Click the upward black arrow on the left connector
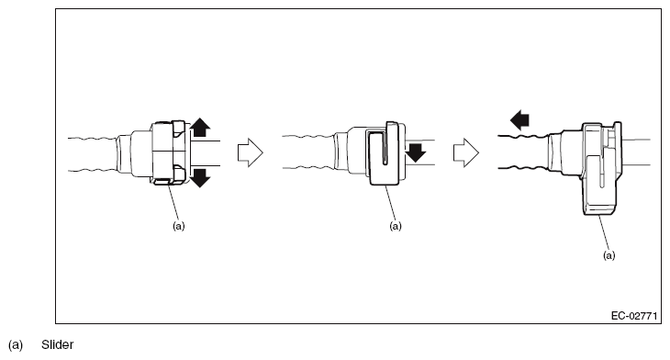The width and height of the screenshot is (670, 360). pyautogui.click(x=200, y=128)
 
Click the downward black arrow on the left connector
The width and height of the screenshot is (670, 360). pyautogui.click(x=200, y=178)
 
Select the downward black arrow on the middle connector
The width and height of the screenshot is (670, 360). pyautogui.click(x=416, y=152)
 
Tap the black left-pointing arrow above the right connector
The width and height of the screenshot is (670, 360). pyautogui.click(x=519, y=119)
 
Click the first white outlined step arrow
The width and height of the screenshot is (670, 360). pyautogui.click(x=251, y=152)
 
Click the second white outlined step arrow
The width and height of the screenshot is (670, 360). pyautogui.click(x=466, y=152)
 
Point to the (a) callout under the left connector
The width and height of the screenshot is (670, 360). pyautogui.click(x=179, y=226)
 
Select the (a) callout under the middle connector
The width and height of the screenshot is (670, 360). pyautogui.click(x=396, y=226)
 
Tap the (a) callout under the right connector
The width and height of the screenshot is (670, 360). pyautogui.click(x=609, y=255)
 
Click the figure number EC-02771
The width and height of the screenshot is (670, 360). pyautogui.click(x=634, y=316)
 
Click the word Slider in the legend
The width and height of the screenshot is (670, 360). pyautogui.click(x=57, y=344)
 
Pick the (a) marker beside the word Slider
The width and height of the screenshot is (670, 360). pyautogui.click(x=16, y=344)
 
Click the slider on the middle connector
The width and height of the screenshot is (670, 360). pyautogui.click(x=385, y=155)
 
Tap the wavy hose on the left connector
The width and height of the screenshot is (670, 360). pyautogui.click(x=93, y=154)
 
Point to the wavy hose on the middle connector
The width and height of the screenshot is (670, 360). pyautogui.click(x=308, y=152)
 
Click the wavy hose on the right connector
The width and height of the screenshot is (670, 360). pyautogui.click(x=523, y=152)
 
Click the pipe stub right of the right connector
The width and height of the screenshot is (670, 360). pyautogui.click(x=636, y=152)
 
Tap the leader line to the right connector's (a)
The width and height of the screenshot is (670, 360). pyautogui.click(x=604, y=232)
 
